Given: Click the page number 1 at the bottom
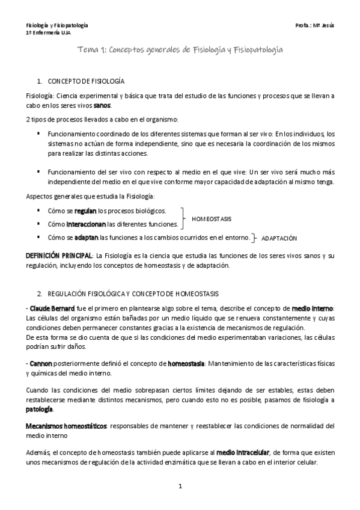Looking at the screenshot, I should [x=180, y=485].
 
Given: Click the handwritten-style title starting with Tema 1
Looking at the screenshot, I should [x=180, y=52].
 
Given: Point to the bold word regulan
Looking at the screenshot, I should [x=85, y=211].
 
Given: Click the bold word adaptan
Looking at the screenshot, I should [x=87, y=237].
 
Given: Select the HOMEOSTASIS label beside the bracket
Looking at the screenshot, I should [x=212, y=218].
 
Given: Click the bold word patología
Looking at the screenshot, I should [x=40, y=409].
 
